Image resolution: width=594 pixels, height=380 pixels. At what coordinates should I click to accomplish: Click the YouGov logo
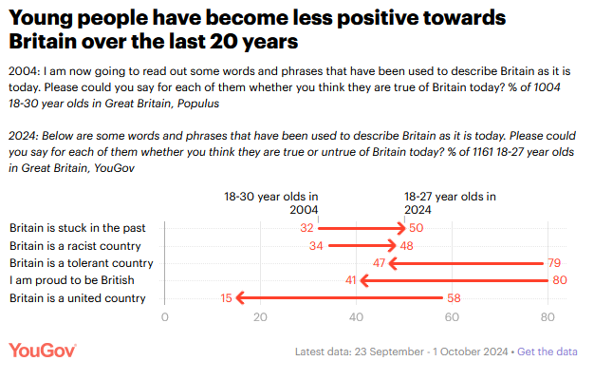[43, 351]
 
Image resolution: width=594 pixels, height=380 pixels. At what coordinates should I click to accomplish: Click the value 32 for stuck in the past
[306, 228]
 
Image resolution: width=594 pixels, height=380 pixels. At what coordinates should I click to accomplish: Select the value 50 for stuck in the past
[416, 228]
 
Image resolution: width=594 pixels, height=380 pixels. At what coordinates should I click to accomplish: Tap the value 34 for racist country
[315, 246]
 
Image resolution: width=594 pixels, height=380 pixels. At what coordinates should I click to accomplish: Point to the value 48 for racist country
[406, 246]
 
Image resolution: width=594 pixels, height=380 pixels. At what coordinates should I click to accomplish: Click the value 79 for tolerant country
[554, 263]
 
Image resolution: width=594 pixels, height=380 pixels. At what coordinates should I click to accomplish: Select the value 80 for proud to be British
[559, 280]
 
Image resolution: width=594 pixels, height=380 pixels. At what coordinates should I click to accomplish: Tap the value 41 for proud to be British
[349, 280]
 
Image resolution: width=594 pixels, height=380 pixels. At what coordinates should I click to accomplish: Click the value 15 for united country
[225, 298]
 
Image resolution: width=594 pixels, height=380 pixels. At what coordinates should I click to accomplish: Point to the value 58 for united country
[454, 298]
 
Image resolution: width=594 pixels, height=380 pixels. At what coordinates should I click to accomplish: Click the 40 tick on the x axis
[356, 317]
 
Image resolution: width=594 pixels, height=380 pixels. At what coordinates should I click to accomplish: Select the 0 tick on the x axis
[165, 317]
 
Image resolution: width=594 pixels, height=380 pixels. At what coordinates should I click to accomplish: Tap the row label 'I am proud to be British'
[71, 280]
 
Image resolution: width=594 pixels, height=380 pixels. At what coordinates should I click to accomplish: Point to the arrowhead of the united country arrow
[241, 298]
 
